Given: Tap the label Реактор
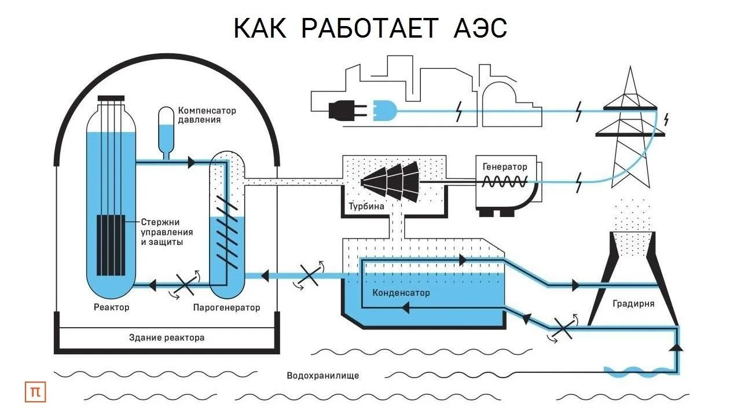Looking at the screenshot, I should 111,307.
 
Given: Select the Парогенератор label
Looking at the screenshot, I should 226,307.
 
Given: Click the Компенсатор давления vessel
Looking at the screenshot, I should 166,130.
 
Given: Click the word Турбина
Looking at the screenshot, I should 366,207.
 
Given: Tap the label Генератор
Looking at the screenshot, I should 505,166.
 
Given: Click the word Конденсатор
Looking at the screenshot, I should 401,292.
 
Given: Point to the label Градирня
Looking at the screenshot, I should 633,303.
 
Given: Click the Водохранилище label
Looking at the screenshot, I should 322,375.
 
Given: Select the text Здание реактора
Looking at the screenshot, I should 166,337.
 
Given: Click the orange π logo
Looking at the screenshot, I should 35,392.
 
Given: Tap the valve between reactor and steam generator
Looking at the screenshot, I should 186,285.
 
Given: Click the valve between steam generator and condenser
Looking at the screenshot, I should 307,276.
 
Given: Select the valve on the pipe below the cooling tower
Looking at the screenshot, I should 562,328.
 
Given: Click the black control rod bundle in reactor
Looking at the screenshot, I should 111,245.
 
